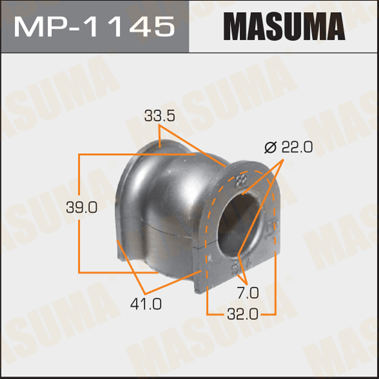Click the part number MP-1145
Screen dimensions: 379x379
[x=94, y=27]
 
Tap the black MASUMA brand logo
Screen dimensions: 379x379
[x=284, y=26]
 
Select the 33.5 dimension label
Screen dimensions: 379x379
[x=160, y=116]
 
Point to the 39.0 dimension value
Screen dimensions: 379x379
[x=82, y=208]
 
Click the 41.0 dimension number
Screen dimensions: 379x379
[x=146, y=304]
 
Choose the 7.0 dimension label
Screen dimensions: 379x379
[x=247, y=293]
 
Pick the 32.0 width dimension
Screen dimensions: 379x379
[x=243, y=314]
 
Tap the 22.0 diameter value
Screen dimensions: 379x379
[x=297, y=147]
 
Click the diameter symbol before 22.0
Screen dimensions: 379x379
[x=270, y=147]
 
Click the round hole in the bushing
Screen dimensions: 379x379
[x=239, y=224]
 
